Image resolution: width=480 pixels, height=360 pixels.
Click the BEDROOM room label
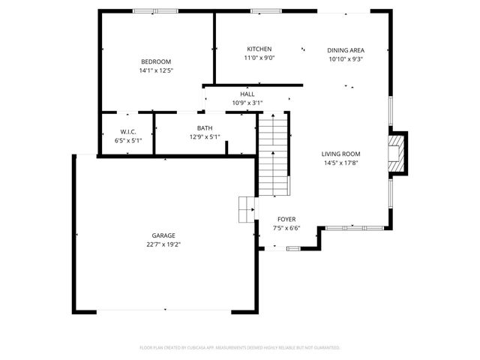tap(156, 61)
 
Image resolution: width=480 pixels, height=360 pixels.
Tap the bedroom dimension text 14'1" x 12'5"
tap(156, 70)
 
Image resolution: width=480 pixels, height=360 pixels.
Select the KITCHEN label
tap(259, 49)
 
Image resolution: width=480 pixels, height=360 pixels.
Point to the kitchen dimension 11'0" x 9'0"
tap(259, 58)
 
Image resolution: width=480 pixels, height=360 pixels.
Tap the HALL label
tap(247, 94)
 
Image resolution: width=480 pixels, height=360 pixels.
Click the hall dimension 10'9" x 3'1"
tap(247, 103)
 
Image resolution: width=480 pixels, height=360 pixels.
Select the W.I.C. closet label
tap(127, 131)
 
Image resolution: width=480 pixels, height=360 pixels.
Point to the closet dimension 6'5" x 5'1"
tap(127, 140)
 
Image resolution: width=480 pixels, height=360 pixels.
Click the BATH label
tap(205, 128)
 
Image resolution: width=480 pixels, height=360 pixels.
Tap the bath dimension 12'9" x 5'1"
tap(205, 137)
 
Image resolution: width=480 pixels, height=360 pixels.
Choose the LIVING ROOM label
tap(341, 154)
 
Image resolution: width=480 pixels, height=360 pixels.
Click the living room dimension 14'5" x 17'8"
tap(341, 163)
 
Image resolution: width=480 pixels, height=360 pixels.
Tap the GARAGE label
tap(163, 235)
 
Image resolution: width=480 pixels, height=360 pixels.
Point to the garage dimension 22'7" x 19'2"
tap(163, 244)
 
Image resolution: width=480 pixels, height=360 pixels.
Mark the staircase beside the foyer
tap(273, 154)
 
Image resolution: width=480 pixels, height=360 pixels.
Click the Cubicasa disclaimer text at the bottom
tap(240, 348)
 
